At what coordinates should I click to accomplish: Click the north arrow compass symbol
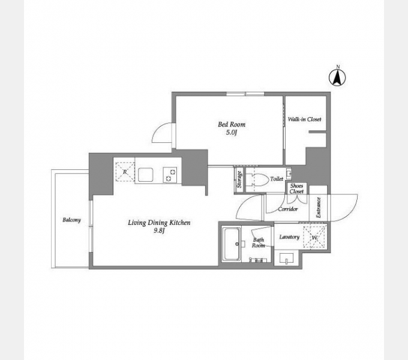pos(337,77)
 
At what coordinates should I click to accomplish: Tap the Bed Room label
pos(232,124)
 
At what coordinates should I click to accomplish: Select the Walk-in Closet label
pos(304,119)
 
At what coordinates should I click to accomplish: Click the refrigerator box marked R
pos(125,172)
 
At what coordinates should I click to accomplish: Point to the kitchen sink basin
pos(145,175)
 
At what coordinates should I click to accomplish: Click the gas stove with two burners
pos(170,175)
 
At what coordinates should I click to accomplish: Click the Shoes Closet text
pos(296,188)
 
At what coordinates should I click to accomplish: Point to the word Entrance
pos(318,208)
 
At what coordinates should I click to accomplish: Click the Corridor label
pos(288,209)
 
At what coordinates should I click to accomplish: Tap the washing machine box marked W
pos(314,237)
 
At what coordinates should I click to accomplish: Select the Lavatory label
pos(289,237)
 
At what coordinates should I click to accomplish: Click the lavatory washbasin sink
pos(286,259)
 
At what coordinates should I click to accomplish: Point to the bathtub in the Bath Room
pos(232,244)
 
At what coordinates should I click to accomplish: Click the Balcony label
pos(72,220)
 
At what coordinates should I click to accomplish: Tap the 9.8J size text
pos(159,231)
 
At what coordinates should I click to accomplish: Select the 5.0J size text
pos(232,133)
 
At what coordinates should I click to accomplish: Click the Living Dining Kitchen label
pos(159,223)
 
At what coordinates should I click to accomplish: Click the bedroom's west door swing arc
pos(158,129)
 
